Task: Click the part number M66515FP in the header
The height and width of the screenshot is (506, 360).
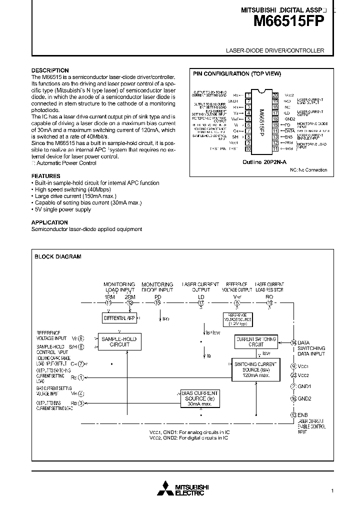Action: [x=289, y=21]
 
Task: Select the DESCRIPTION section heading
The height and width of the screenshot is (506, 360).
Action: [x=50, y=70]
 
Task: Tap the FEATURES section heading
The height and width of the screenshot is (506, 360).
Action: [x=46, y=176]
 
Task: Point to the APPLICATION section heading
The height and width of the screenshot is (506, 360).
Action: [x=49, y=222]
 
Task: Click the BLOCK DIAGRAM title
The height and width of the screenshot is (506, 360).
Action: [x=57, y=256]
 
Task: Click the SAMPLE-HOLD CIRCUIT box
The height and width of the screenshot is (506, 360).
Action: [x=119, y=341]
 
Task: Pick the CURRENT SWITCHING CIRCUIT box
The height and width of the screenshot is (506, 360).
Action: [x=255, y=341]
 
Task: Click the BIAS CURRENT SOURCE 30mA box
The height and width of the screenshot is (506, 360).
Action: [x=200, y=398]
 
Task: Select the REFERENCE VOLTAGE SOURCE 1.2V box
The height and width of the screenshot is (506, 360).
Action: [x=238, y=319]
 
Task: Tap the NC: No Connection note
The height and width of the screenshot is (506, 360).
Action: [x=308, y=170]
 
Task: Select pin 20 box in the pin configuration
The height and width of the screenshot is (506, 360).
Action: [x=275, y=94]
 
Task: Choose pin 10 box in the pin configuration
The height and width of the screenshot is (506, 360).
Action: [x=247, y=148]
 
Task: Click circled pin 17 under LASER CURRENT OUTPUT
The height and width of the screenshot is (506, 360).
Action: [x=201, y=302]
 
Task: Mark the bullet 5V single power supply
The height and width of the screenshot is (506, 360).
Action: [x=62, y=209]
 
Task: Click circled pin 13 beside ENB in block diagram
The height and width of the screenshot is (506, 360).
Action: [x=293, y=414]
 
